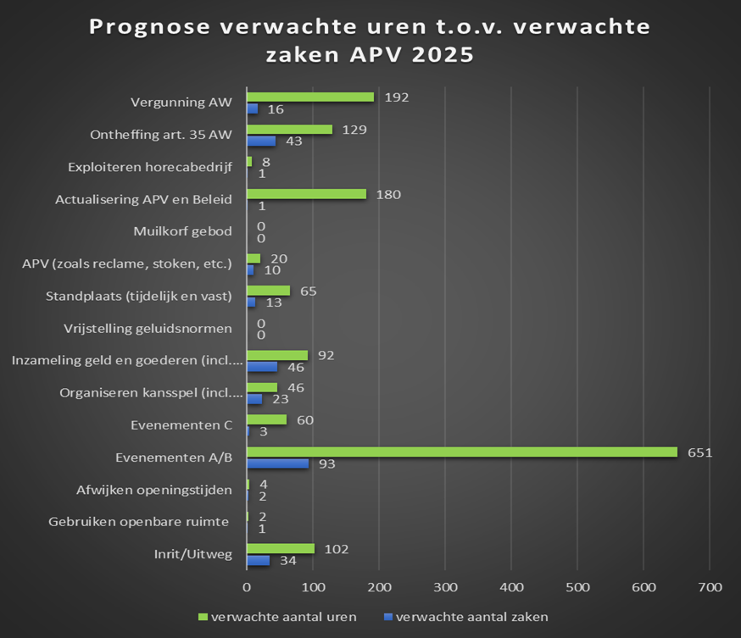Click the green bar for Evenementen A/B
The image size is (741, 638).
coord(462,452)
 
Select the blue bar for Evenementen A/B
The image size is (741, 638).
coord(277,463)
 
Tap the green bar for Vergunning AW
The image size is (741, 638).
coord(310,97)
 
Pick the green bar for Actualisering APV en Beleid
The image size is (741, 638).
coord(306,194)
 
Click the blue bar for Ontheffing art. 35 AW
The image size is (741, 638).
coord(261,141)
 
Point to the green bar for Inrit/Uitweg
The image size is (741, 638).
coord(281,548)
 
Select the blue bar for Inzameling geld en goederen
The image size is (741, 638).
coord(262,367)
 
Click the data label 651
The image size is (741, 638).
coord(699,452)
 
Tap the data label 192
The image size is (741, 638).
coord(396,97)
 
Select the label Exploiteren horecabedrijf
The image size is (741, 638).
coord(150,167)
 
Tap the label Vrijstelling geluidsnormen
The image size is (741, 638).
coord(148,328)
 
